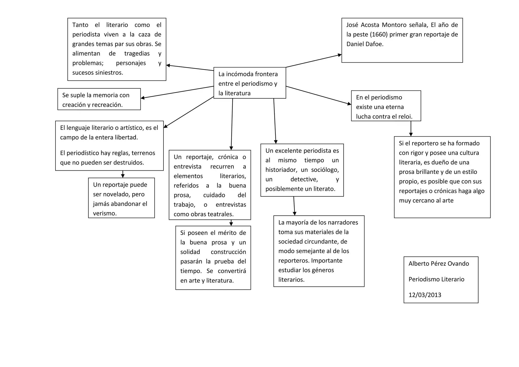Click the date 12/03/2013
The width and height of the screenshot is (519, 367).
coord(425,295)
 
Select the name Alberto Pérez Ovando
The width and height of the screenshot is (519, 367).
coord(439,264)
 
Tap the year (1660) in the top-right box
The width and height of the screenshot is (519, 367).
coord(378,34)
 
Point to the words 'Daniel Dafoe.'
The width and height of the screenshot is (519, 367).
coord(365,44)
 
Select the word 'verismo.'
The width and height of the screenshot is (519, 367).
coord(105,213)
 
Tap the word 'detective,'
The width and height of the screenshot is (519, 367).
coord(304,179)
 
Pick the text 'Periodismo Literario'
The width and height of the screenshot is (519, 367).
coord(436,279)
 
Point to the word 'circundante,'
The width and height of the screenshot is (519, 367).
coord(321,242)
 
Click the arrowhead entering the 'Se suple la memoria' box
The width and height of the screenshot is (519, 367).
coord(143,98)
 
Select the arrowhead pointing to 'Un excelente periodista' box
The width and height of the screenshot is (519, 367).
coord(276,142)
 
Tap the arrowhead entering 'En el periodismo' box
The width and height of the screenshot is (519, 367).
coord(349,104)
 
